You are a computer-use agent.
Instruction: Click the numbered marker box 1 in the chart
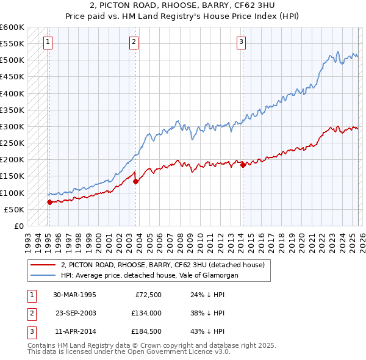click(x=48, y=42)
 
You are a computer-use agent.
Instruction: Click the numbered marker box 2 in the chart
click(x=134, y=42)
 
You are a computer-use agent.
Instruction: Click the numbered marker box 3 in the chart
click(x=242, y=42)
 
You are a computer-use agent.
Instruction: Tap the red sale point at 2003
click(x=135, y=181)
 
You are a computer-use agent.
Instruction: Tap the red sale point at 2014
click(x=243, y=165)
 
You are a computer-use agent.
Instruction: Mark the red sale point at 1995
click(x=49, y=202)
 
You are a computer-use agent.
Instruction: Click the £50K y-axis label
click(x=15, y=209)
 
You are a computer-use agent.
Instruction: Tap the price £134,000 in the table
click(x=145, y=312)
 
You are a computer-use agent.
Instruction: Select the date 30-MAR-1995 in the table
click(x=74, y=294)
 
